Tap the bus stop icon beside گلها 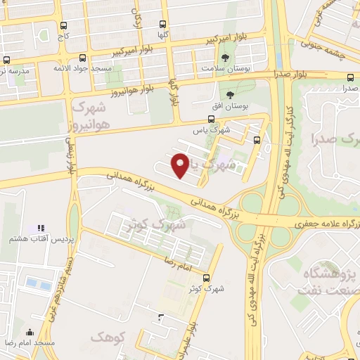coord(164,24)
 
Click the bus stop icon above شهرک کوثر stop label coord(206,277)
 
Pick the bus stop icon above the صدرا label coord(350,77)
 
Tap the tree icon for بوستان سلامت coord(225,58)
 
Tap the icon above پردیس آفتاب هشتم coord(40,228)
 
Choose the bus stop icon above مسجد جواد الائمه coord(83,58)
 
